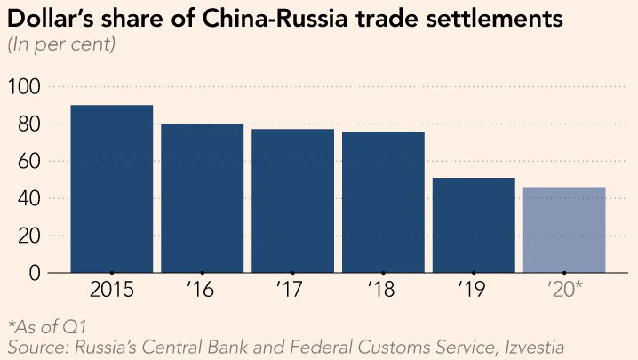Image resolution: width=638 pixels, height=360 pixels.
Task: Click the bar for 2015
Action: [111, 188]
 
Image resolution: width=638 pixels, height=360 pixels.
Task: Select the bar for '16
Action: [202, 197]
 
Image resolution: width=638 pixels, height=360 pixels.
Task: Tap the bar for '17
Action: [292, 200]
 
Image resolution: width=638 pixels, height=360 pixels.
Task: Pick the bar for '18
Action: [383, 202]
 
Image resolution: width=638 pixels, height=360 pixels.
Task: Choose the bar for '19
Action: [474, 225]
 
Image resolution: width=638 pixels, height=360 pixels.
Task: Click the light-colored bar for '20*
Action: [564, 229]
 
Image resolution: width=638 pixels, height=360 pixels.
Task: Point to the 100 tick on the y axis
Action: [24, 87]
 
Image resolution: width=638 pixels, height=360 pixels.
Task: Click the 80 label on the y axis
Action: [29, 124]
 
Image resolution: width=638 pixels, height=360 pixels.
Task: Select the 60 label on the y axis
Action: [29, 162]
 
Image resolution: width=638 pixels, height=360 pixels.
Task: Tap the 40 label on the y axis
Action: [29, 198]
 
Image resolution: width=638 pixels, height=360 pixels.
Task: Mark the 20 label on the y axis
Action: [29, 236]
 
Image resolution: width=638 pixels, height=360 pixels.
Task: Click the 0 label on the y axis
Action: [35, 273]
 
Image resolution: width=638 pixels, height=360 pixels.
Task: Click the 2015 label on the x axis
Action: [111, 290]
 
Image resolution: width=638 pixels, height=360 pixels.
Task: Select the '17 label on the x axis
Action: [291, 290]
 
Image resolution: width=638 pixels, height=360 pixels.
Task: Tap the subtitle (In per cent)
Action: [61, 44]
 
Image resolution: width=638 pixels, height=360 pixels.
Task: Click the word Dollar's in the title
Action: [51, 19]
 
